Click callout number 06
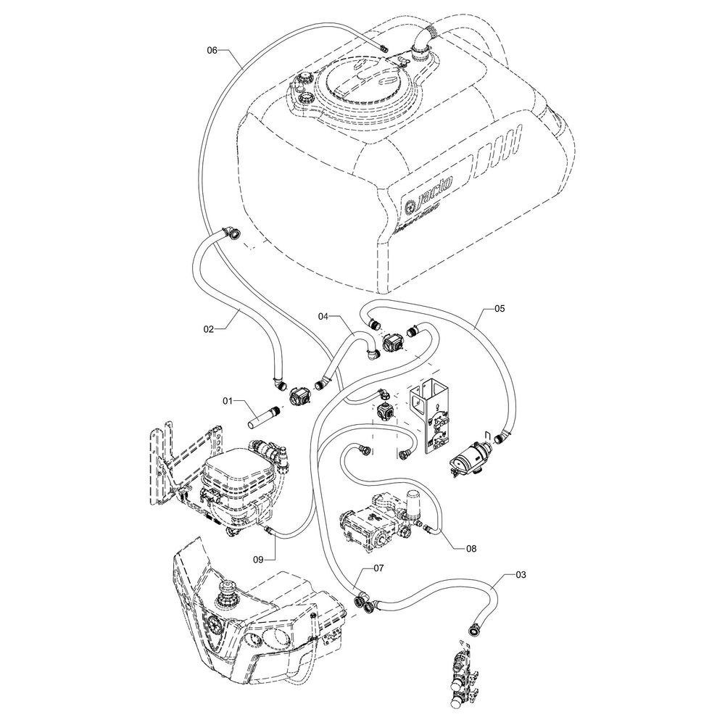pos(212,50)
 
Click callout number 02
pos(209,329)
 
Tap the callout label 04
pos(324,316)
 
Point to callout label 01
pos(228,400)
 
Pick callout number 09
pos(259,558)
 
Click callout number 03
pos(521,575)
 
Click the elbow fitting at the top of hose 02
pos(233,233)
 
